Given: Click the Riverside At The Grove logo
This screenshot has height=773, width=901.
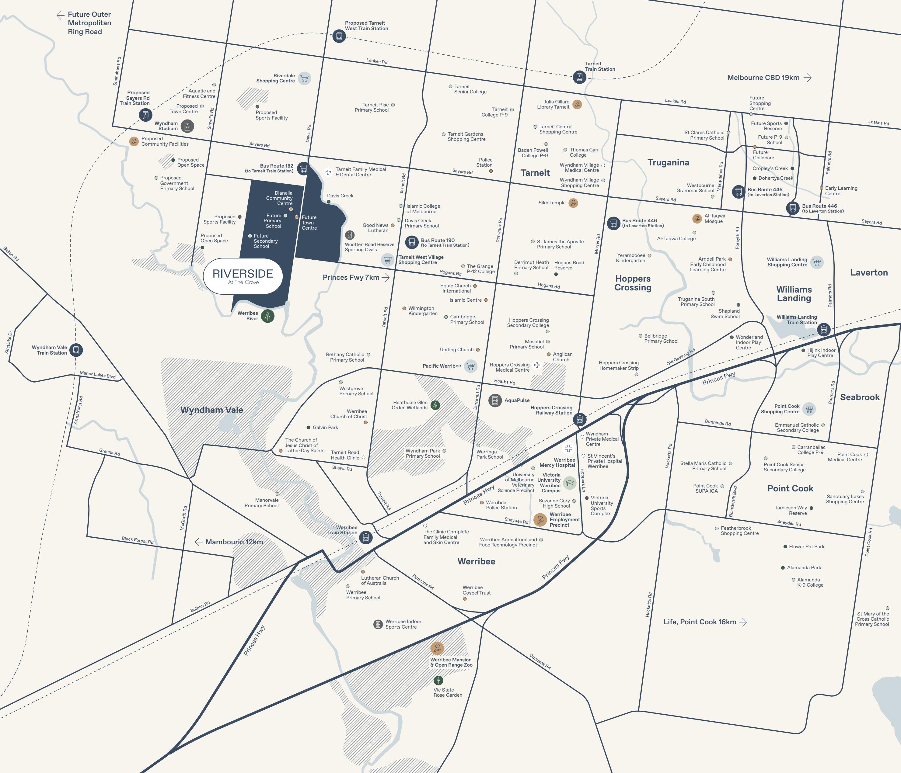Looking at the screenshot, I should pyautogui.click(x=243, y=276).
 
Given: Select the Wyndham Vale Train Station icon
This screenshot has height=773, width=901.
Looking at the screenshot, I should pyautogui.click(x=76, y=350).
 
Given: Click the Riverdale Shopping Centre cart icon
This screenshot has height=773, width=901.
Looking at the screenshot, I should pyautogui.click(x=304, y=78).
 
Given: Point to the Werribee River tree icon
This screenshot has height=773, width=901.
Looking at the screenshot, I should pyautogui.click(x=268, y=316).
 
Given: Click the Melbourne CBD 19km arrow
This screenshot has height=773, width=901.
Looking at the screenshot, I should pyautogui.click(x=808, y=78).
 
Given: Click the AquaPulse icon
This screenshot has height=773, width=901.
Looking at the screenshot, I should pyautogui.click(x=495, y=400).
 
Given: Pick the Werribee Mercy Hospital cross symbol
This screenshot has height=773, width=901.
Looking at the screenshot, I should pyautogui.click(x=568, y=448).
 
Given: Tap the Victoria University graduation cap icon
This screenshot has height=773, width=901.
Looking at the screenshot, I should pyautogui.click(x=570, y=483).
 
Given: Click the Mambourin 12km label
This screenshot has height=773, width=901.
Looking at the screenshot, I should pyautogui.click(x=234, y=542).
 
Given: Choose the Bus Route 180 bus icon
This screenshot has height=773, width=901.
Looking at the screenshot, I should pyautogui.click(x=412, y=242).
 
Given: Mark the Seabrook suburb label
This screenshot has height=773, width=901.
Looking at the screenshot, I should pyautogui.click(x=860, y=397).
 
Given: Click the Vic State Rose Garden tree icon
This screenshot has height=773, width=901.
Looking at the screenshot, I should pyautogui.click(x=438, y=680).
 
